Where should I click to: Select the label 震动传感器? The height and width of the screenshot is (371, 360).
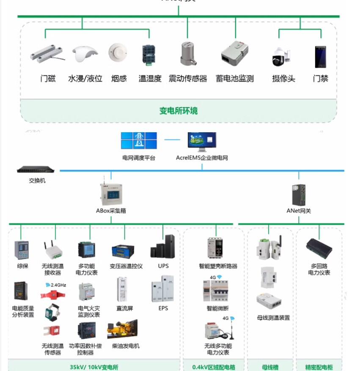click(188, 79)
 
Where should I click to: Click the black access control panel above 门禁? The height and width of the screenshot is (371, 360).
click(320, 57)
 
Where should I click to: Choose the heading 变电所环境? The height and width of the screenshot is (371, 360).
click(178, 111)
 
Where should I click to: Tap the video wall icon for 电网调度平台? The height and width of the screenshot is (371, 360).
click(139, 141)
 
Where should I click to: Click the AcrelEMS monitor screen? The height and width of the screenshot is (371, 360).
click(202, 141)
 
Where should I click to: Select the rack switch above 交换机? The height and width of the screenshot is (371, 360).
click(36, 170)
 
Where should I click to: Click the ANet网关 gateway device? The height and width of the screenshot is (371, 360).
click(298, 194)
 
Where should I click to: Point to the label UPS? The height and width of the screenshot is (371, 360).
click(163, 266)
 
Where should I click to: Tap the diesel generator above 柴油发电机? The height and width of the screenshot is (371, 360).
click(122, 329)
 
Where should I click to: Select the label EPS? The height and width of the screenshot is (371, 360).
click(163, 308)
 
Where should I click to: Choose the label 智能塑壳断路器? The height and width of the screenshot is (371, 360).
click(218, 266)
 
